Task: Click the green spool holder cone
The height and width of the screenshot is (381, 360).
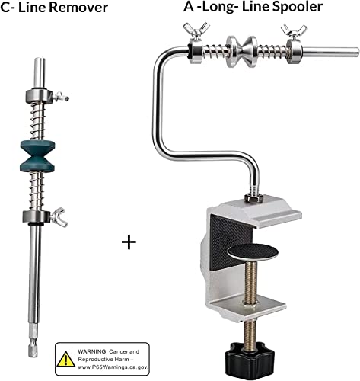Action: (37, 155)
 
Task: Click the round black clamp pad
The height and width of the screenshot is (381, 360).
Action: (253, 251)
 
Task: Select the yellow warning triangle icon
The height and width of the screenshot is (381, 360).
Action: (66, 359)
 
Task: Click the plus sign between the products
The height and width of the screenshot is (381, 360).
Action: (129, 242)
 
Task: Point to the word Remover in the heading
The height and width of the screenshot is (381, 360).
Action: (78, 8)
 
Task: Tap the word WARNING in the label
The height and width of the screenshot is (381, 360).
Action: (93, 351)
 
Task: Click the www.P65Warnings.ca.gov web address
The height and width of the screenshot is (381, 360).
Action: (113, 367)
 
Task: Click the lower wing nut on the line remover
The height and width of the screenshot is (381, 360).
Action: (59, 217)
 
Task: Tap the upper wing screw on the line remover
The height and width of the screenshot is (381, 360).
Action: (61, 97)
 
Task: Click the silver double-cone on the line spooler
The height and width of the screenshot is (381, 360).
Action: (241, 51)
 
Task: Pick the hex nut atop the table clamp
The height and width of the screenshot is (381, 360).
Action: (253, 197)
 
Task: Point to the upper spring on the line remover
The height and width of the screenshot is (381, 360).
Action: (37, 121)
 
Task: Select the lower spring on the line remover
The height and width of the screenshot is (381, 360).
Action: (37, 190)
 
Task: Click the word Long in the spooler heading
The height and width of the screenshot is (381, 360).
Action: (218, 8)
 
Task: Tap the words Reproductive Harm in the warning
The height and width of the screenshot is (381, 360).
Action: (104, 360)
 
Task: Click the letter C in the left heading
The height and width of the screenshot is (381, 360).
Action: (5, 8)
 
